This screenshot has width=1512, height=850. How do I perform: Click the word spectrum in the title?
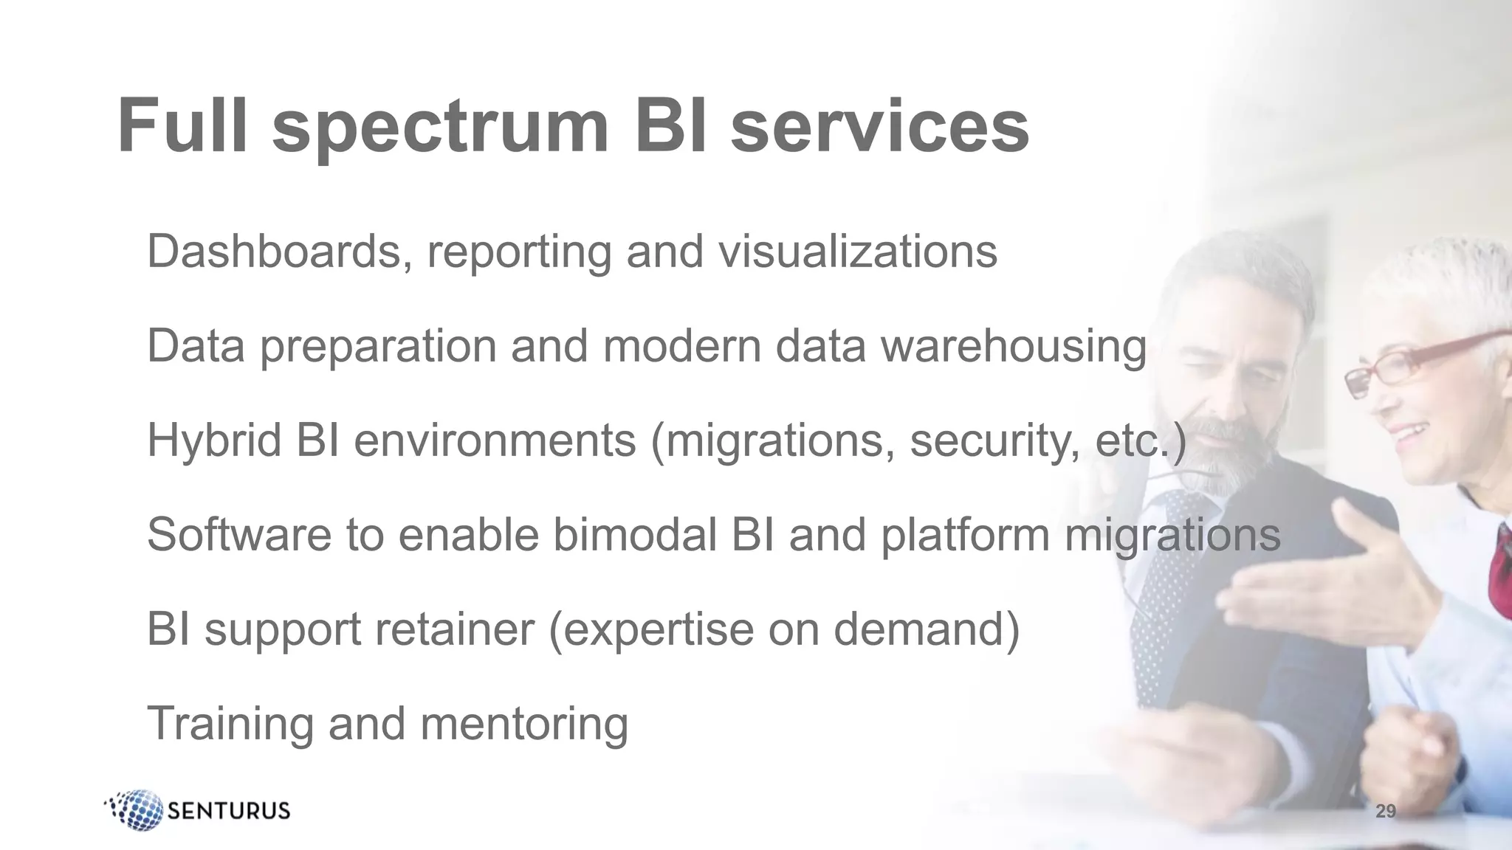pyautogui.click(x=440, y=127)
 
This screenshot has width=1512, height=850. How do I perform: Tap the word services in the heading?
pyautogui.click(x=879, y=127)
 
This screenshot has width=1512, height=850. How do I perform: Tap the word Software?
pyautogui.click(x=239, y=534)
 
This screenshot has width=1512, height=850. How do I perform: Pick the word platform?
pyautogui.click(x=965, y=534)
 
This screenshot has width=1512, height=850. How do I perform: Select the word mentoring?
pyautogui.click(x=524, y=723)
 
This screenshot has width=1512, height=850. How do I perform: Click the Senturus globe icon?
pyautogui.click(x=135, y=810)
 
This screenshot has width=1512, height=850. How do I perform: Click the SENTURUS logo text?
pyautogui.click(x=230, y=811)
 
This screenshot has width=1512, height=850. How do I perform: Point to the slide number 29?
pyautogui.click(x=1386, y=812)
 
